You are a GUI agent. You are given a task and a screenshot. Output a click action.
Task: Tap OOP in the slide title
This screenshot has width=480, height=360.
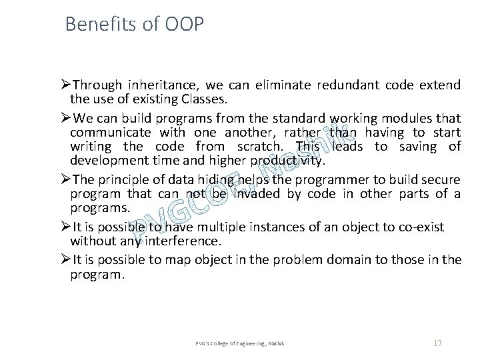(x=181, y=25)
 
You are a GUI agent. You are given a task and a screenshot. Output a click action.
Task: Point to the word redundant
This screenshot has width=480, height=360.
(x=341, y=85)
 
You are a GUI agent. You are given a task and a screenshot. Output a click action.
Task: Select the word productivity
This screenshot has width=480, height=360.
(x=287, y=161)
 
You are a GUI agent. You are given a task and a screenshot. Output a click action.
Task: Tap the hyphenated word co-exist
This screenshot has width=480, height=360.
(x=419, y=227)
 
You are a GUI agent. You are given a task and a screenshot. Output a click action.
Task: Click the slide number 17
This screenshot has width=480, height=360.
(x=438, y=343)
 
